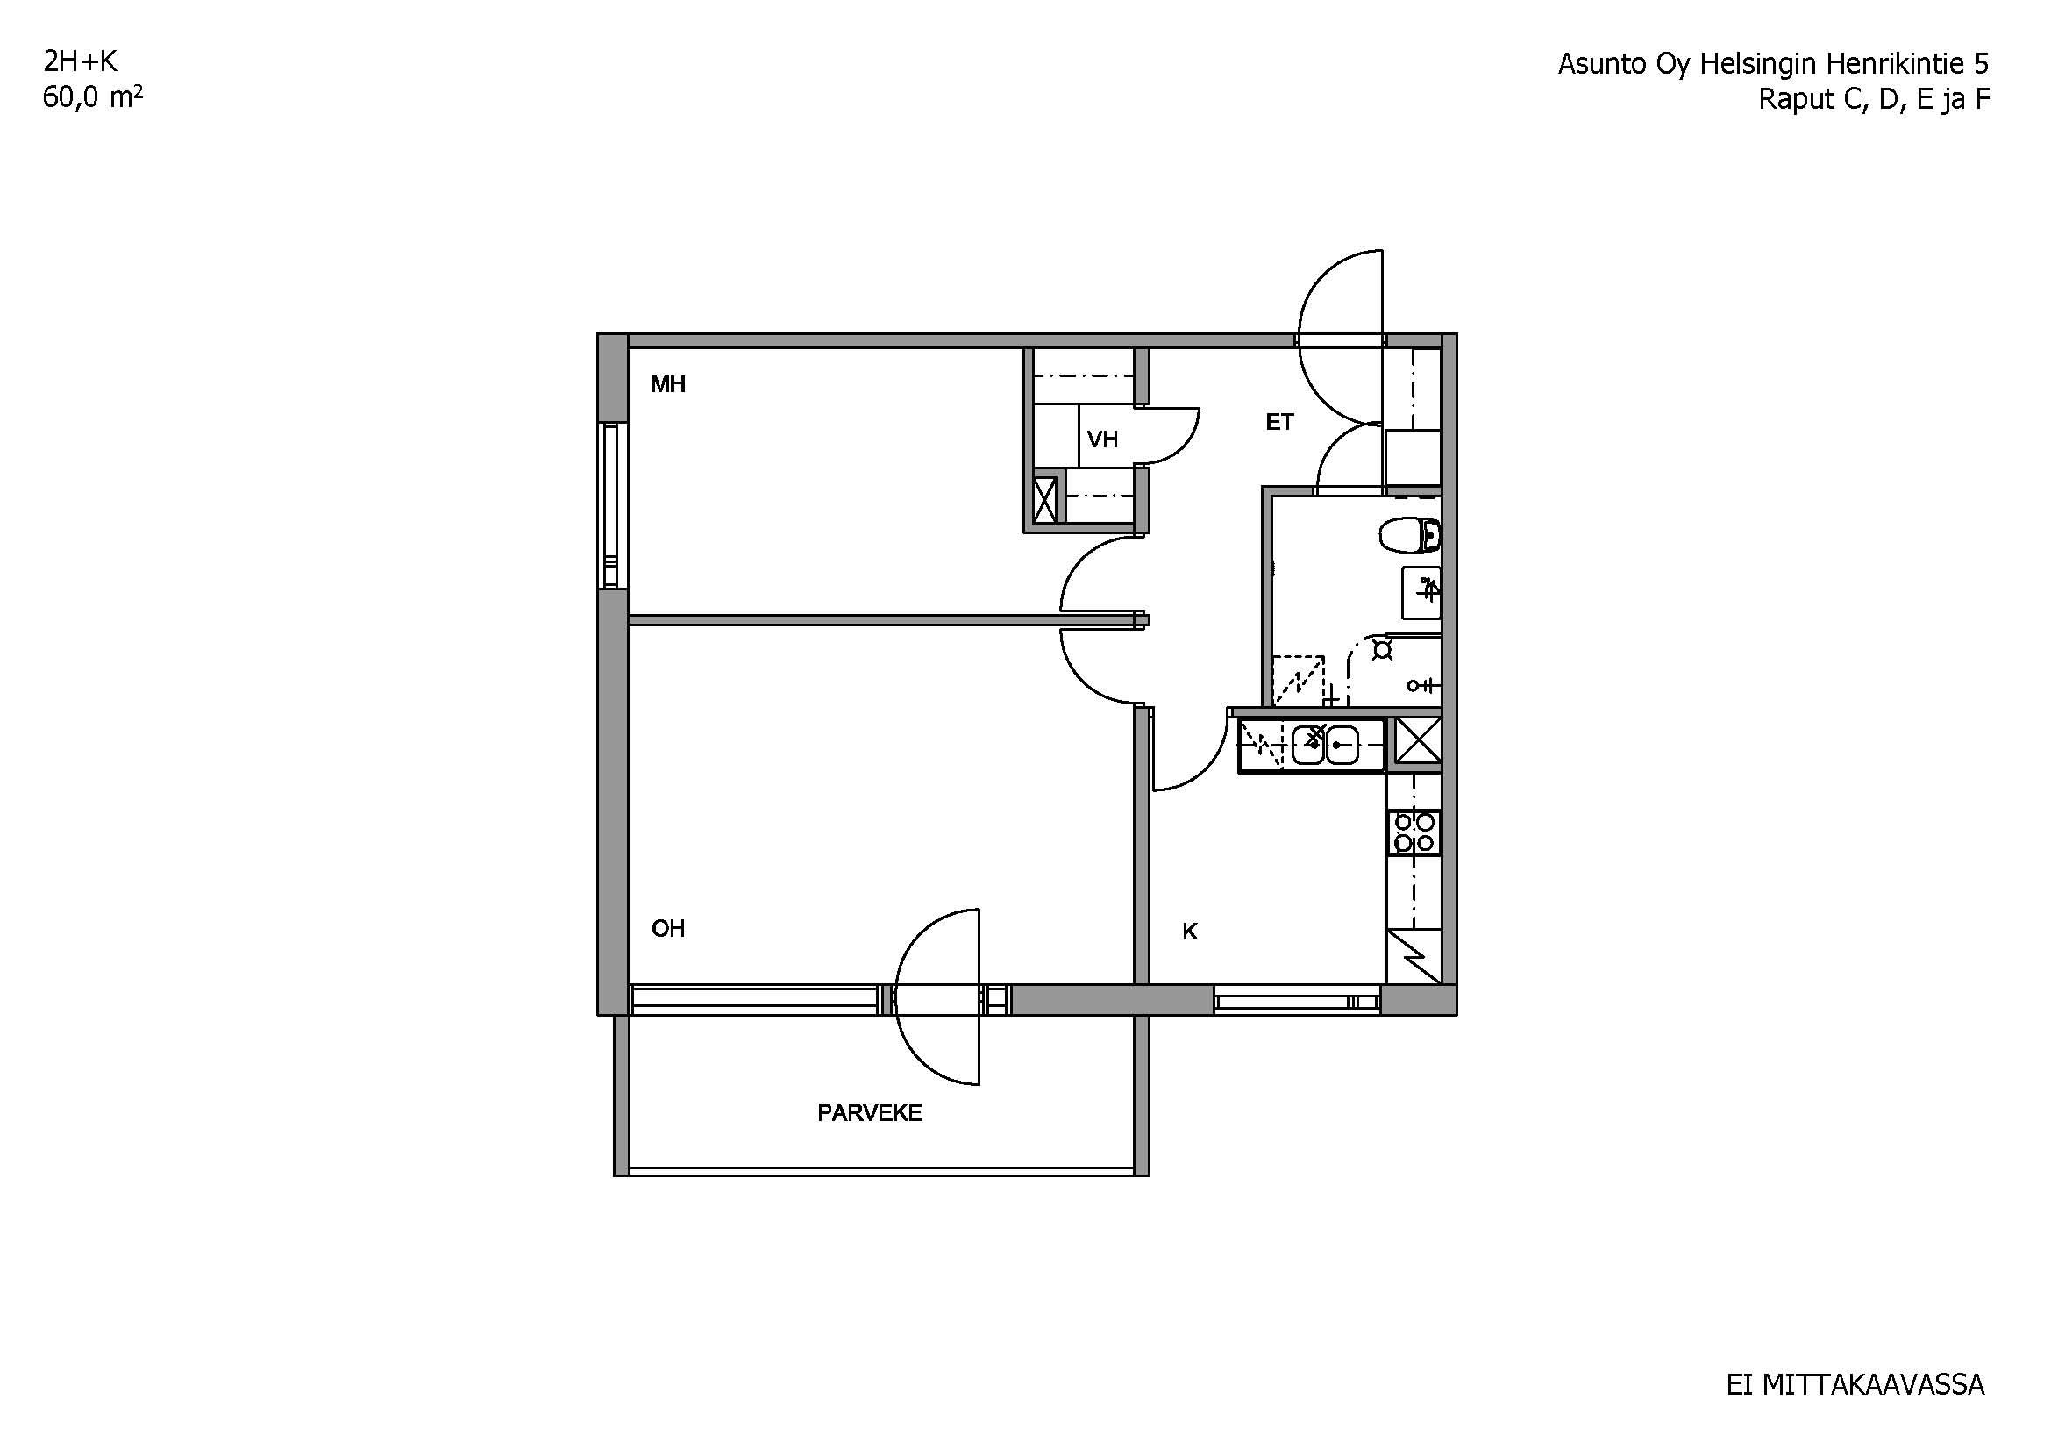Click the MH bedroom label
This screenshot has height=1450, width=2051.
click(668, 385)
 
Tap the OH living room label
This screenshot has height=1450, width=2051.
click(668, 929)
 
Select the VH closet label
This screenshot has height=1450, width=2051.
click(1102, 439)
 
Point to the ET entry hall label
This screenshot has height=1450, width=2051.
click(1279, 423)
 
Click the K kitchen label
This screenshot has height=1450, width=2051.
click(1190, 932)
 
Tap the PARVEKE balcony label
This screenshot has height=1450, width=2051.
click(869, 1113)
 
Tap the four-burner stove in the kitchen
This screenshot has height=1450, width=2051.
click(1414, 832)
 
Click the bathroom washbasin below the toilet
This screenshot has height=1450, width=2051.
click(1421, 592)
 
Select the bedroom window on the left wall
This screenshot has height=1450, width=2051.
click(611, 506)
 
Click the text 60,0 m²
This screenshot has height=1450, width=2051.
click(93, 97)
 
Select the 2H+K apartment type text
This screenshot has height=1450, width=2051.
click(81, 61)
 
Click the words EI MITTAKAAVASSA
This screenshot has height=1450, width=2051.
click(1855, 1385)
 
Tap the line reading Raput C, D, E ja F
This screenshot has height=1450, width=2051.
click(1875, 99)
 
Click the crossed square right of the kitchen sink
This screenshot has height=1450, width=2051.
click(1418, 740)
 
